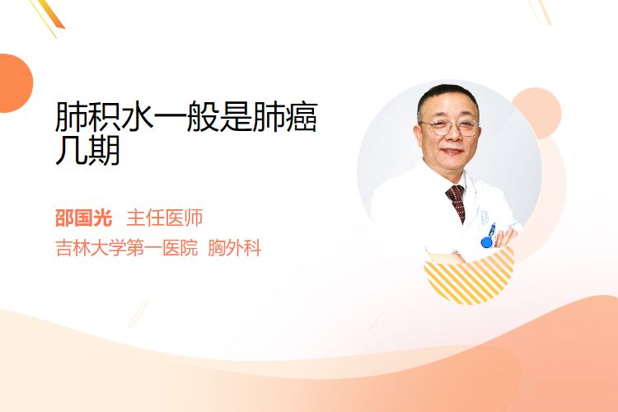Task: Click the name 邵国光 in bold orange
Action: [x=84, y=218]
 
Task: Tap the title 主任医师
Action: [x=165, y=218]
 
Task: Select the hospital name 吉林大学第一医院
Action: [x=127, y=248]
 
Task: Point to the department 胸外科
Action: [x=235, y=248]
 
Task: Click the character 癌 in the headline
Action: [x=302, y=117]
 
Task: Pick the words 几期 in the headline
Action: [x=87, y=150]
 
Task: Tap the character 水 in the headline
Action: [x=137, y=117]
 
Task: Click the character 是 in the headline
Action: [x=236, y=117]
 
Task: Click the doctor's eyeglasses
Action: [x=450, y=127]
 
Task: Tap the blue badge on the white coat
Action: [x=487, y=241]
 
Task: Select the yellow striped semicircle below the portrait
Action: [x=469, y=276]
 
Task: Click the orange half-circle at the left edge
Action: [x=15, y=83]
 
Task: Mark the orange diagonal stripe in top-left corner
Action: [x=53, y=14]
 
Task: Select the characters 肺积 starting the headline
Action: [x=87, y=117]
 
